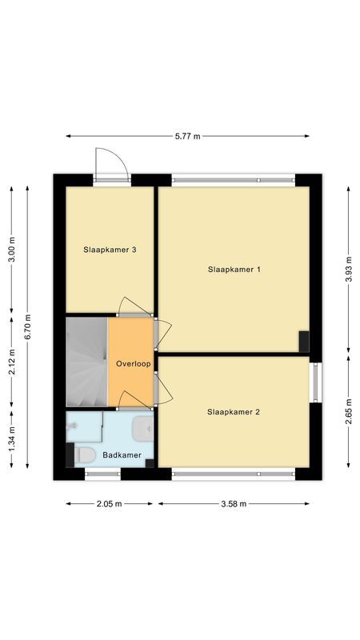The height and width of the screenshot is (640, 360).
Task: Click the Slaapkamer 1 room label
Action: [234, 270]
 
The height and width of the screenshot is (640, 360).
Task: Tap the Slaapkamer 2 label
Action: [234, 412]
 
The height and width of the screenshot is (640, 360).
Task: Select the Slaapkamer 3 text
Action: [110, 250]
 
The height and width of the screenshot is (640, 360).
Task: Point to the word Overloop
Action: [133, 363]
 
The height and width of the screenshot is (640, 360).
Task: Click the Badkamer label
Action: [122, 455]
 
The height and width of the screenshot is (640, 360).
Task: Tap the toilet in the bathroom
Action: [84, 456]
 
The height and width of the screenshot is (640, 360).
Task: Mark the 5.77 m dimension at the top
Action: [187, 137]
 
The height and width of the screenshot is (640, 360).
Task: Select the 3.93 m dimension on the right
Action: [348, 270]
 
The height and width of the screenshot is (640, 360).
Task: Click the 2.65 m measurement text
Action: [348, 412]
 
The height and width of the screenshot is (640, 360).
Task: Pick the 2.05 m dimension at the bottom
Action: [109, 504]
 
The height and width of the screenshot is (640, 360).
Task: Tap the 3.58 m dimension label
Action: [234, 504]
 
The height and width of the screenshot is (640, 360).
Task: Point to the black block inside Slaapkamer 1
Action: [304, 341]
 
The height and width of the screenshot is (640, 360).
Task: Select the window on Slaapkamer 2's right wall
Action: [315, 382]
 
